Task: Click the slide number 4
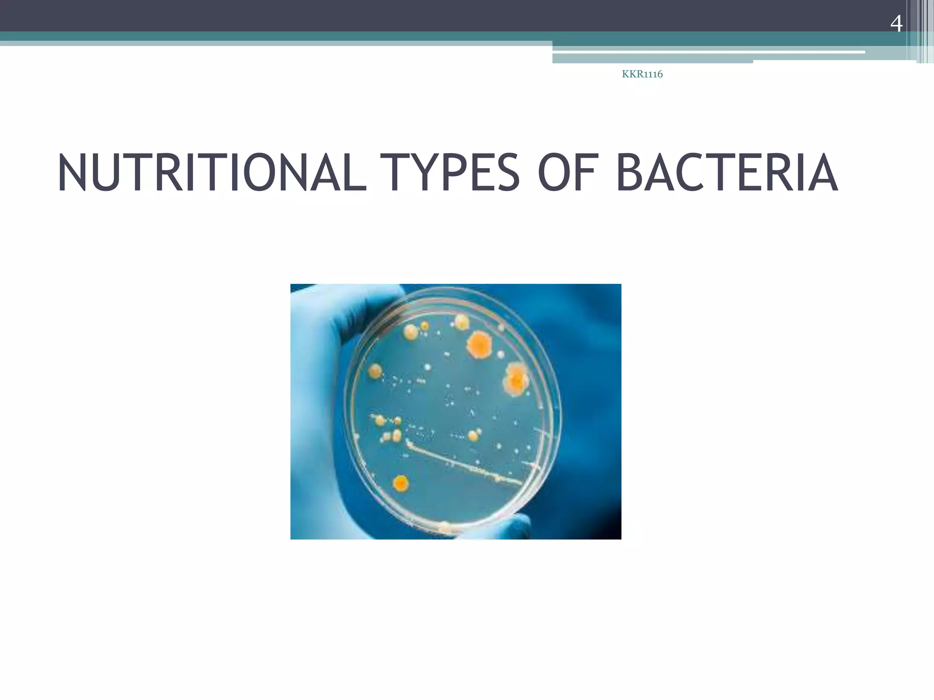click(x=896, y=24)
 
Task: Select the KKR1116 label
click(x=642, y=75)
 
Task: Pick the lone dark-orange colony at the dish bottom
click(x=400, y=483)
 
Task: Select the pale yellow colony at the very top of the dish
click(x=462, y=323)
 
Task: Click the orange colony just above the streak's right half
click(x=473, y=435)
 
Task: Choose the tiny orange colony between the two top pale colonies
click(x=425, y=326)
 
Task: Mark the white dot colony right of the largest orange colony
click(x=501, y=354)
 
